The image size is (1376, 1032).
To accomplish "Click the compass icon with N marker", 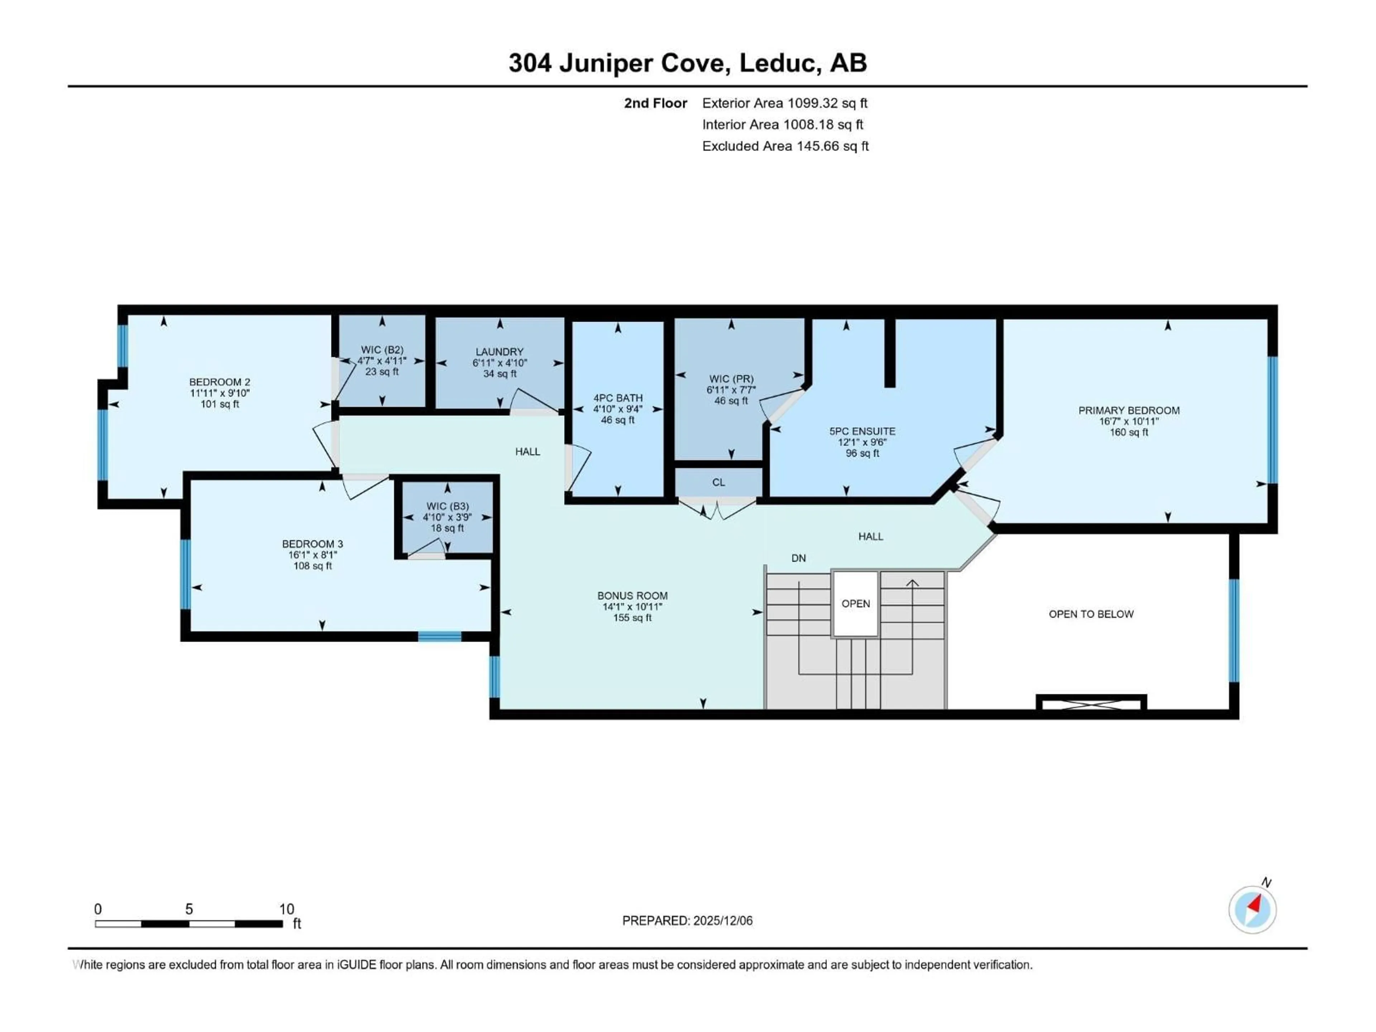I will [1252, 909].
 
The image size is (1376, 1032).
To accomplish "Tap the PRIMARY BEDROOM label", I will [1128, 411].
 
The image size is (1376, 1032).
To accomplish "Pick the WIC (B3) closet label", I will [447, 506].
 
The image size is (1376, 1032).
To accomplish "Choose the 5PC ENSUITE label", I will [862, 431].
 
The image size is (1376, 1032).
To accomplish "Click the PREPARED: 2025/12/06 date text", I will [687, 921].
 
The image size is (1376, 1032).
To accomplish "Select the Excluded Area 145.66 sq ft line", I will [785, 146].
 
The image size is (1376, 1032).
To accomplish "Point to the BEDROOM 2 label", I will [220, 382].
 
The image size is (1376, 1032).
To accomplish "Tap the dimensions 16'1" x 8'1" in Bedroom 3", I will [312, 555].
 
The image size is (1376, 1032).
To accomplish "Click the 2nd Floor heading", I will [656, 103].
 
